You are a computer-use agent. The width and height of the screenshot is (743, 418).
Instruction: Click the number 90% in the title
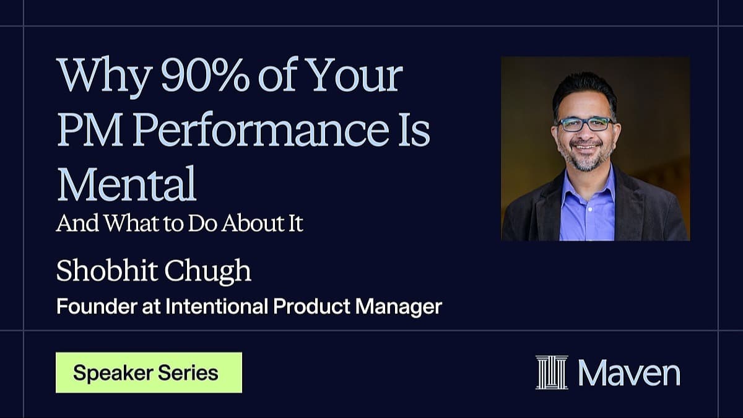[x=205, y=76]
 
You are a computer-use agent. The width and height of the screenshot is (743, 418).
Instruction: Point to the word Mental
[x=127, y=183]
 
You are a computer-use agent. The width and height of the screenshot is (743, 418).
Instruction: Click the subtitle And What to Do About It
[x=180, y=223]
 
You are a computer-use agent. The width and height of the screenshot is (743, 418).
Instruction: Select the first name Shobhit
[x=106, y=271]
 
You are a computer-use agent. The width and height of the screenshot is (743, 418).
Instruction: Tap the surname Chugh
[x=207, y=272]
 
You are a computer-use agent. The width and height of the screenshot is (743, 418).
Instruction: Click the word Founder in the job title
[x=97, y=306]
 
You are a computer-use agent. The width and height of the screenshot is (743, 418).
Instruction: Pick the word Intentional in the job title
[x=216, y=306]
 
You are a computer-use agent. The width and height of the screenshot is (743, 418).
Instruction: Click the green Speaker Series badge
[x=149, y=373]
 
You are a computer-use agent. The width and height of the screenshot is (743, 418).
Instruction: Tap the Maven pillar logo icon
[x=552, y=372]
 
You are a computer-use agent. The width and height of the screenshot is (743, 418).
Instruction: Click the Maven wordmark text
[x=629, y=373]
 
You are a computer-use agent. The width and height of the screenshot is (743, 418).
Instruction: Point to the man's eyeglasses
[x=586, y=124]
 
